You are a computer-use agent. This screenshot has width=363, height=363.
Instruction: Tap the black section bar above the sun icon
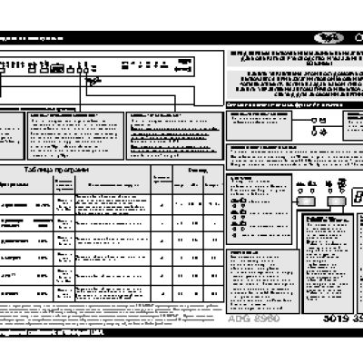(x=290, y=106)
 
